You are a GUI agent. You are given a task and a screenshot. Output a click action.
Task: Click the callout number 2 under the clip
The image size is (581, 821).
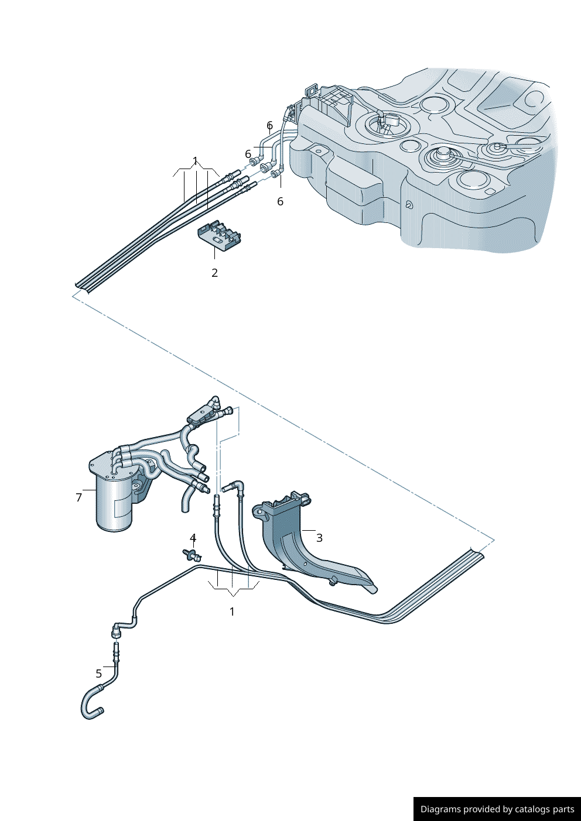pos(215,273)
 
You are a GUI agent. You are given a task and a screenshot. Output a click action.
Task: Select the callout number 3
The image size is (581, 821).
pos(319,537)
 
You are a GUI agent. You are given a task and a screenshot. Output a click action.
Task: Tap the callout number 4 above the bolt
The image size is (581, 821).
pos(193,538)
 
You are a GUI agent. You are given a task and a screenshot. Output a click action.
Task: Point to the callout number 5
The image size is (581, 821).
pos(99,674)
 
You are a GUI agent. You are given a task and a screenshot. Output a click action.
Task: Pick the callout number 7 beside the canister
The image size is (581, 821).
pos(79,497)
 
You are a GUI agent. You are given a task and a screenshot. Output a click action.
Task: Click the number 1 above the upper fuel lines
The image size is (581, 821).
pos(196,161)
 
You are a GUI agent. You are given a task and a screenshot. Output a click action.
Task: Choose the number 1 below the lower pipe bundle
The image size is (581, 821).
pos(232,612)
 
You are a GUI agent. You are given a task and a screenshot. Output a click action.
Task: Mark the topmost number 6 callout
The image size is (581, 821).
pos(269,125)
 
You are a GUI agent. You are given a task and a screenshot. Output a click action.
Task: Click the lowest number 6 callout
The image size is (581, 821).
pos(280,201)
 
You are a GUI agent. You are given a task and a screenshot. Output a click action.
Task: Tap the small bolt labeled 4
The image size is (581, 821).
pos(190,554)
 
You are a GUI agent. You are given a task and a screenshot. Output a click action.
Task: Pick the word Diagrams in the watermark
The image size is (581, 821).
pos(440,809)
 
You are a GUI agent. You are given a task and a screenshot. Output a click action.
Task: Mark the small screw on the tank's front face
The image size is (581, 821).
pos(408,205)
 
